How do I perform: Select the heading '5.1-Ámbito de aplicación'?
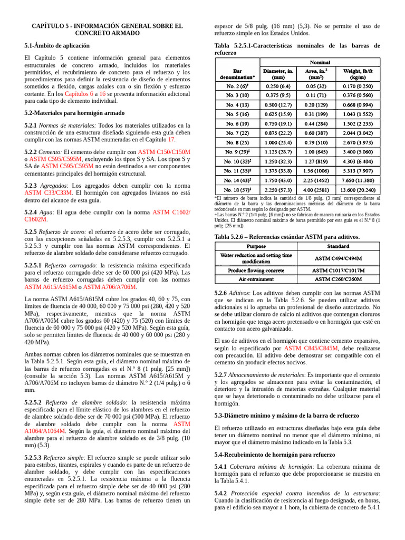[x=57, y=46]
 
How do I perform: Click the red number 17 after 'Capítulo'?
[x=171, y=140]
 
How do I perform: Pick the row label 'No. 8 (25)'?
[x=238, y=142]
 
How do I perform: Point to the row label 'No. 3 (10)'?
[x=238, y=95]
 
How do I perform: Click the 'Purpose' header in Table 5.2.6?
[x=256, y=246]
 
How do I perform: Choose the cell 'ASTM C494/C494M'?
[x=338, y=258]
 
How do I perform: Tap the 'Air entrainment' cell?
[x=256, y=279]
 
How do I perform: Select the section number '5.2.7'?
[x=221, y=374]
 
